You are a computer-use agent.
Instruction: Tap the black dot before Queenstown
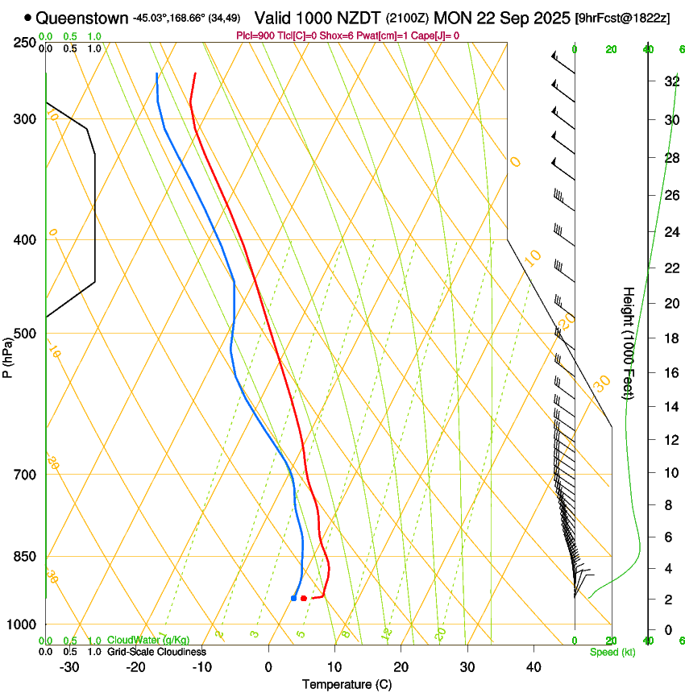coord(28,18)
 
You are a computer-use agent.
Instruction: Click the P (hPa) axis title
coord(8,355)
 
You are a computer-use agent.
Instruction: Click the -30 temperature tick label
coord(69,667)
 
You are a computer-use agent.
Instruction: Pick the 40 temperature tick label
coord(533,667)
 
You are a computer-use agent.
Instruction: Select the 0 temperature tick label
coord(268,667)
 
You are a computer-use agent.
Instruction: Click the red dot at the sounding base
coord(303,598)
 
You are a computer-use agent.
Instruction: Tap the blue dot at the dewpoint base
coord(293,598)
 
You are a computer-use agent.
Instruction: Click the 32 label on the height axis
coord(670,81)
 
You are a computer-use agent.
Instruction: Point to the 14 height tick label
coord(670,407)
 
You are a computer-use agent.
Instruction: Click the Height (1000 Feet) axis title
coord(629,342)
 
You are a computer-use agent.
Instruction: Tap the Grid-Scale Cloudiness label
coord(156,652)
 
